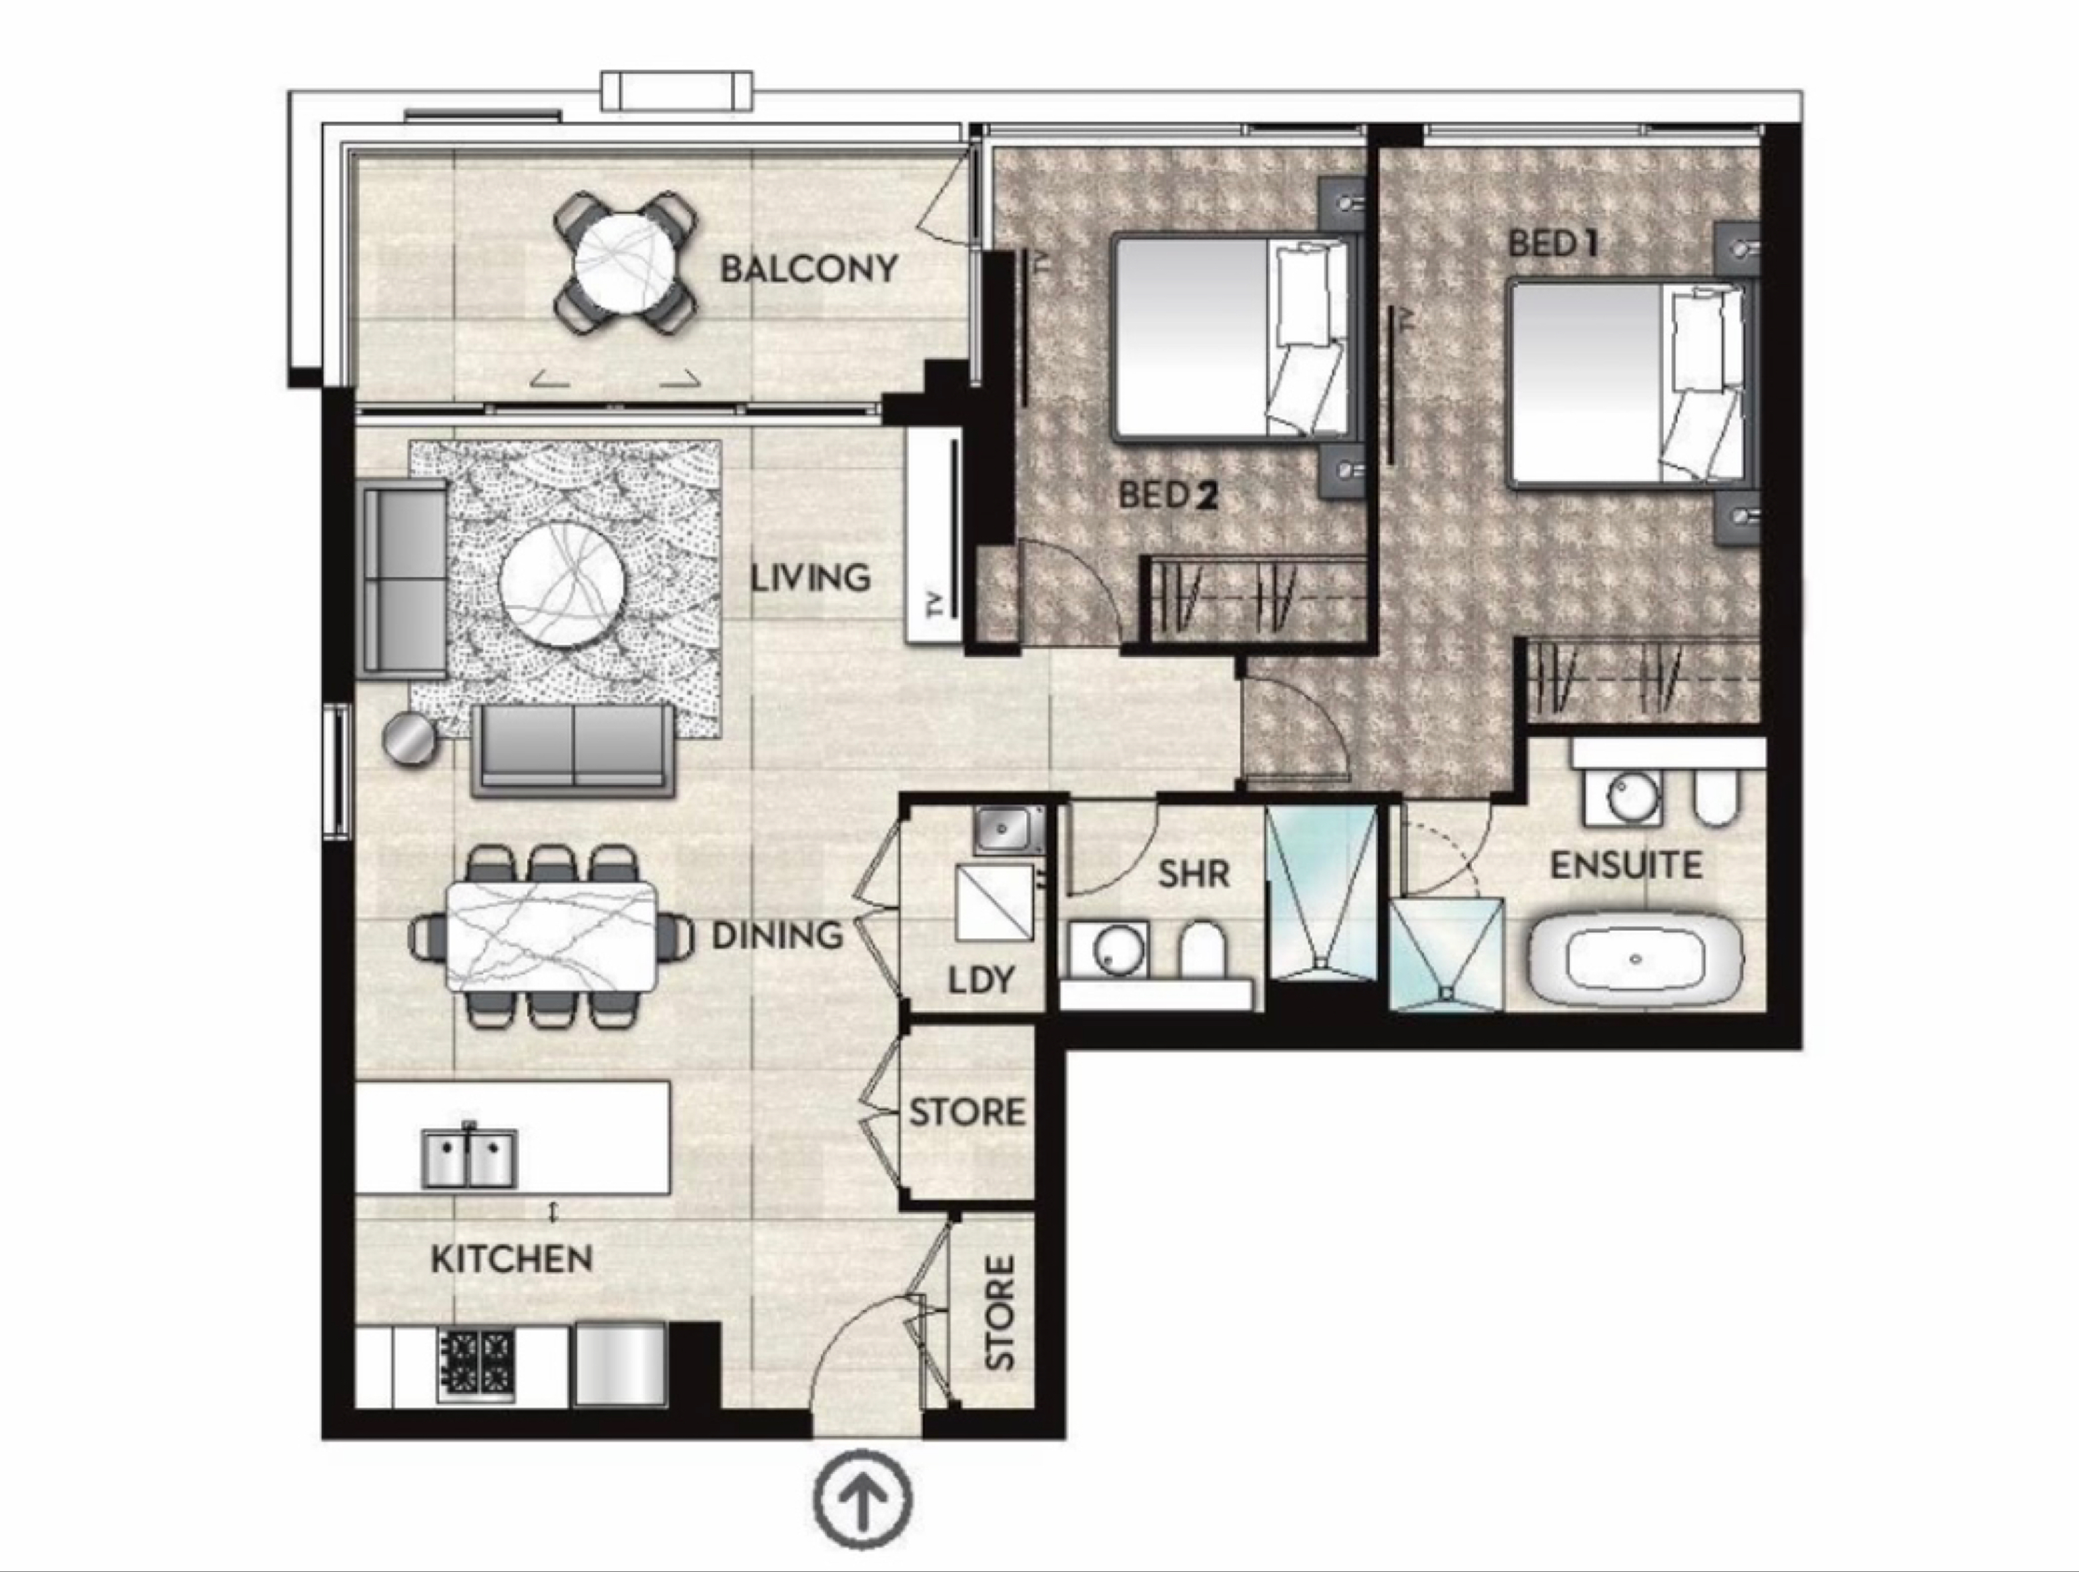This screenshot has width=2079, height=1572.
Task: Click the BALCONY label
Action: (x=808, y=270)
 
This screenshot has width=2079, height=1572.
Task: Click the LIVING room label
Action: (x=810, y=578)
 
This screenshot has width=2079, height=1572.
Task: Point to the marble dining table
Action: (x=551, y=935)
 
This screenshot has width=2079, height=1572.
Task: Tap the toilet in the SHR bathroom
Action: (x=1203, y=951)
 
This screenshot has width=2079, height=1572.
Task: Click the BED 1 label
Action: (x=1552, y=244)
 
